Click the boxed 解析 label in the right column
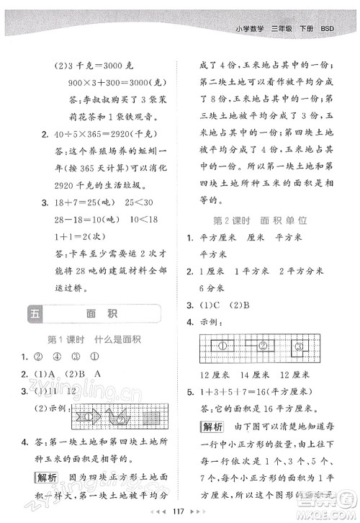[x=212, y=407]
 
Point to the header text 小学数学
[x=251, y=29]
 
